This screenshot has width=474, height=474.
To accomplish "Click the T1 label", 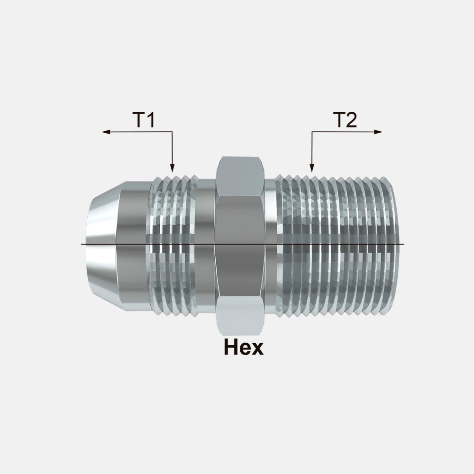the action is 144,119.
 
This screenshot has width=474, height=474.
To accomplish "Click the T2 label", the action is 345,119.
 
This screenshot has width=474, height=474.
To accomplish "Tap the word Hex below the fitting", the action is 244,347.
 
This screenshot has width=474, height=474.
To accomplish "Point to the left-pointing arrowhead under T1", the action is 106,132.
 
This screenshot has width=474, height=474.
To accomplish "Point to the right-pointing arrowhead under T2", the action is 378,132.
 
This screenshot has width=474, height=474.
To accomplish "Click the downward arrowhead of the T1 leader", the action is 173,168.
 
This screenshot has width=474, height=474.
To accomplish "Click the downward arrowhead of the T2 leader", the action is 312,168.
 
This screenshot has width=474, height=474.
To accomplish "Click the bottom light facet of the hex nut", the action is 241,316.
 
